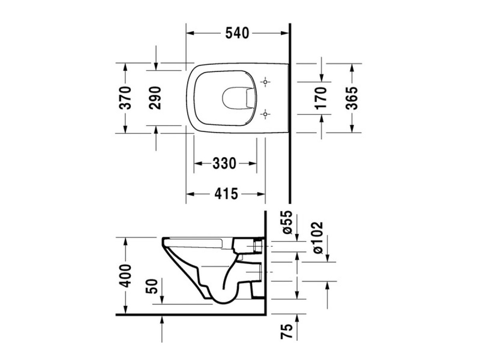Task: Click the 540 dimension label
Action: click(237, 33)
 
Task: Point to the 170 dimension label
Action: click(322, 98)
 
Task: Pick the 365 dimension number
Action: click(352, 98)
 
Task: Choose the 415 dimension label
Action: click(226, 194)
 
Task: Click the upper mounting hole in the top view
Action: click(264, 82)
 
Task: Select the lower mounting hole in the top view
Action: click(264, 115)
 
